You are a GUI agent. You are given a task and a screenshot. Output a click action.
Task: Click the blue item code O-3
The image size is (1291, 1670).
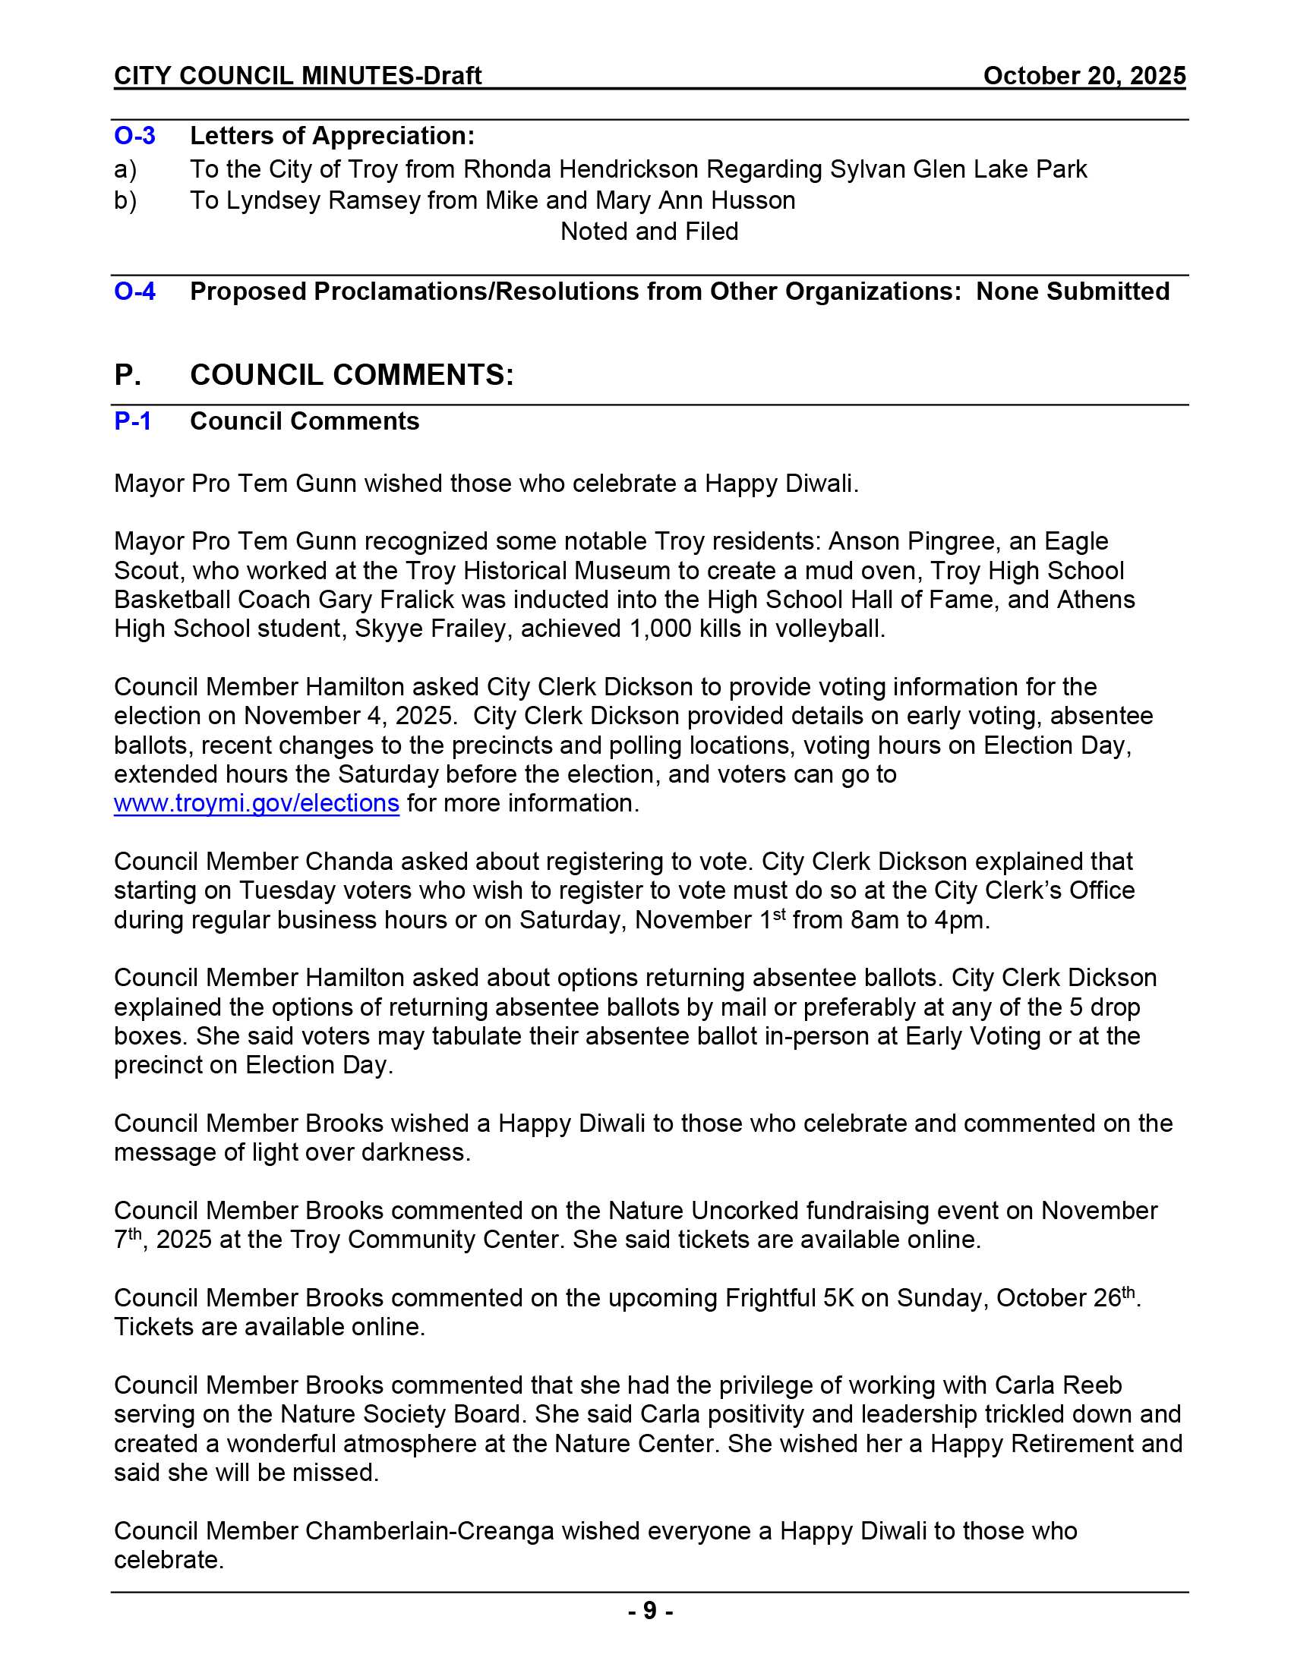[x=134, y=136]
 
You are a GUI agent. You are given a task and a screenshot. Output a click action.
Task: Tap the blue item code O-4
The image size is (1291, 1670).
[x=134, y=291]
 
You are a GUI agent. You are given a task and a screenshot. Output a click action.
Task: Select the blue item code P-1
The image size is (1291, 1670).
[x=133, y=421]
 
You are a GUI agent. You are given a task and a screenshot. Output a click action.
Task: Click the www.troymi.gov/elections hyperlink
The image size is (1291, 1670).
[x=256, y=804]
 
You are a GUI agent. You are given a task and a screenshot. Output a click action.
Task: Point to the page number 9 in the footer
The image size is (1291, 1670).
[x=650, y=1611]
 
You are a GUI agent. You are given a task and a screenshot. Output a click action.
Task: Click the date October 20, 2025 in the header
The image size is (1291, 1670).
[x=1084, y=76]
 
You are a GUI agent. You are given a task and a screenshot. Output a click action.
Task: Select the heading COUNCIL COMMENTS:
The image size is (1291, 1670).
[x=352, y=375]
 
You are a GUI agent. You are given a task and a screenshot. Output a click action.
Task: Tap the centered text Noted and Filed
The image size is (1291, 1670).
[x=649, y=232]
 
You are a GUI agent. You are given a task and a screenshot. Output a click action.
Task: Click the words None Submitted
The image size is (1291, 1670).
[x=1072, y=291]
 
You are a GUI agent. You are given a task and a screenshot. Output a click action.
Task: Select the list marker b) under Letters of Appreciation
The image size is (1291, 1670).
[x=125, y=200]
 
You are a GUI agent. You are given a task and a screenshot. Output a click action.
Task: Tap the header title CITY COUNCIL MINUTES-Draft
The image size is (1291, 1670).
[x=298, y=76]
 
